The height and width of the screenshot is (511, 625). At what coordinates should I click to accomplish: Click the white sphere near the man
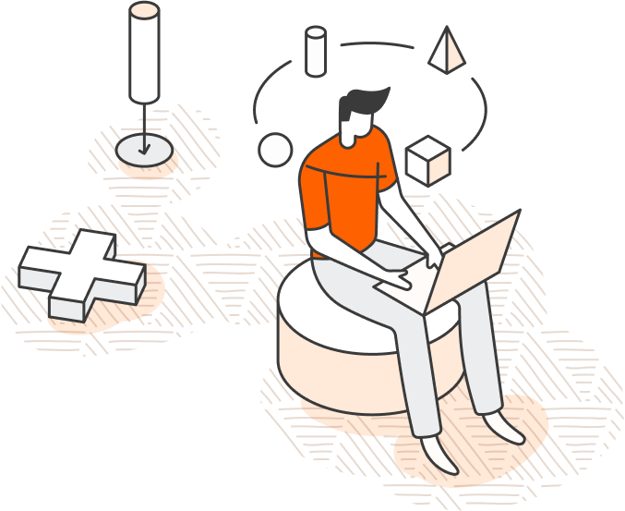click(275, 150)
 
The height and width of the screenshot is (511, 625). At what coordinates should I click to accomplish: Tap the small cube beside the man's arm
click(427, 161)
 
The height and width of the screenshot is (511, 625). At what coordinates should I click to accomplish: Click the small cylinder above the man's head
click(316, 52)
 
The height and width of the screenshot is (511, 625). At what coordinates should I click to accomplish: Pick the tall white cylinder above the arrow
click(144, 52)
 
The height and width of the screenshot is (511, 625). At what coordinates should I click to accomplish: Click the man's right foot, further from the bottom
click(507, 427)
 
